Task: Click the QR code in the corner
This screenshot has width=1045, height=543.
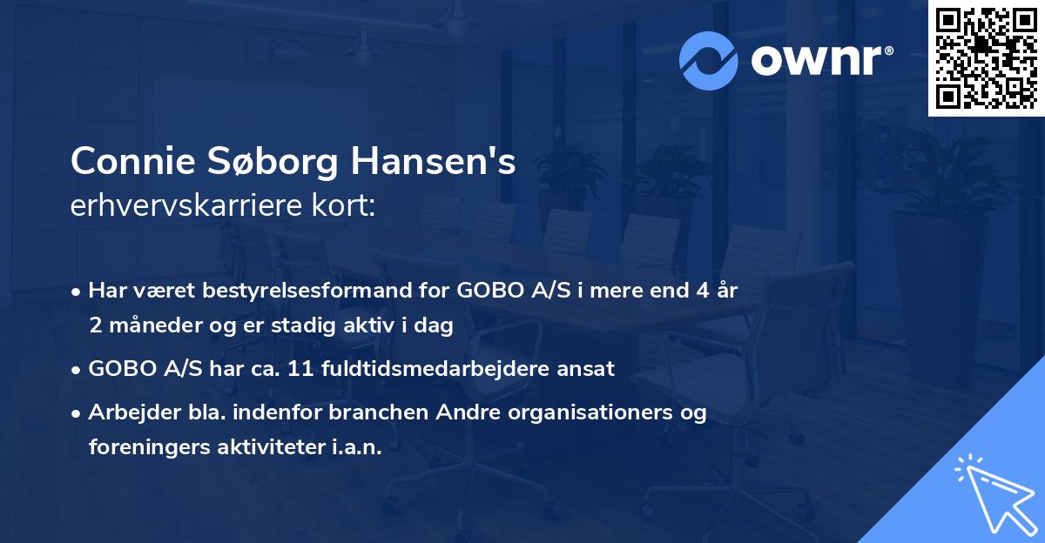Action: (x=986, y=58)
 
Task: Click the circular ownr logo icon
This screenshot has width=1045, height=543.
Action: (x=708, y=61)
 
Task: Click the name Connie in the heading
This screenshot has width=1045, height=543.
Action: (x=135, y=162)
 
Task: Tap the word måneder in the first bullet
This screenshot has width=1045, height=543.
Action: (x=145, y=325)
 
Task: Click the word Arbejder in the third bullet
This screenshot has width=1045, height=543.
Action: (x=127, y=413)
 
